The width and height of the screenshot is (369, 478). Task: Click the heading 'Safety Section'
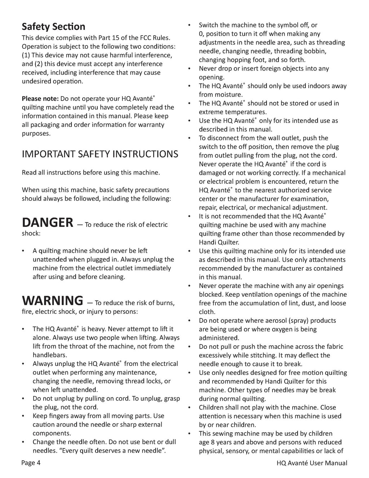tap(53, 27)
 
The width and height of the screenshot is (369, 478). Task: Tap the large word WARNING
tap(53, 301)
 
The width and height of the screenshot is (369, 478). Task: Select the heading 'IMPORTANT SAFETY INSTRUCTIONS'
tap(100, 154)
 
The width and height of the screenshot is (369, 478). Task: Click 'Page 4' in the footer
tap(31, 463)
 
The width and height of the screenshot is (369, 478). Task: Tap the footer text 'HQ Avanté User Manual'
tap(310, 463)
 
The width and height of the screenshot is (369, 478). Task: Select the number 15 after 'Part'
tap(121, 38)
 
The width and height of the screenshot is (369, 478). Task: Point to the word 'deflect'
tap(318, 355)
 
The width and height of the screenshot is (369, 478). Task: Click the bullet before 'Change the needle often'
tap(23, 442)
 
